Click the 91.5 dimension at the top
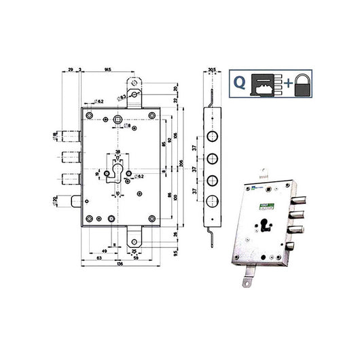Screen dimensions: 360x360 point(109,70)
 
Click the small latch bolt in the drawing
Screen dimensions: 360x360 point(74,202)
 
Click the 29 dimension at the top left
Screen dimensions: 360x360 point(70,70)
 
